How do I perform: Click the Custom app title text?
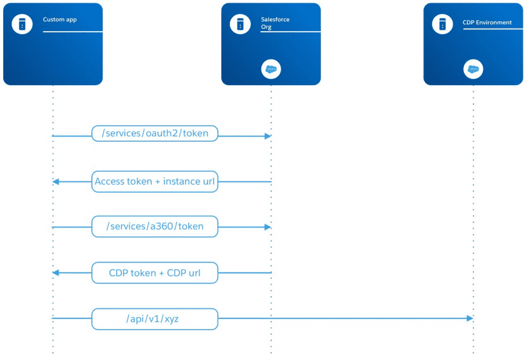(60, 20)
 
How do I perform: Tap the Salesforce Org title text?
(275, 23)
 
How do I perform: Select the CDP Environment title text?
(487, 22)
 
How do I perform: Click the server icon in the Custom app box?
(22, 24)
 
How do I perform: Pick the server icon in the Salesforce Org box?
(240, 24)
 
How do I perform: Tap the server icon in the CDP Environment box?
(442, 24)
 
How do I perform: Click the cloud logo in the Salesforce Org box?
(271, 69)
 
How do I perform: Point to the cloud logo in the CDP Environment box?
(473, 69)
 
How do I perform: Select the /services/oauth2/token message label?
(155, 133)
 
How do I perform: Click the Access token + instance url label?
(155, 182)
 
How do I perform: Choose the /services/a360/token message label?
(155, 226)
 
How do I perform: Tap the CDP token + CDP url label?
(155, 273)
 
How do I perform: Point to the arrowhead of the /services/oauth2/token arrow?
(268, 136)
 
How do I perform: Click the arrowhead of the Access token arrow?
(56, 182)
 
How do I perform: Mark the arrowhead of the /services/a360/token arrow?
(268, 227)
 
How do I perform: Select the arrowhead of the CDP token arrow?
(56, 272)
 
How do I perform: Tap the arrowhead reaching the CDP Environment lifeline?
(470, 318)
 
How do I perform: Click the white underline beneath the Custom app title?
(72, 32)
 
